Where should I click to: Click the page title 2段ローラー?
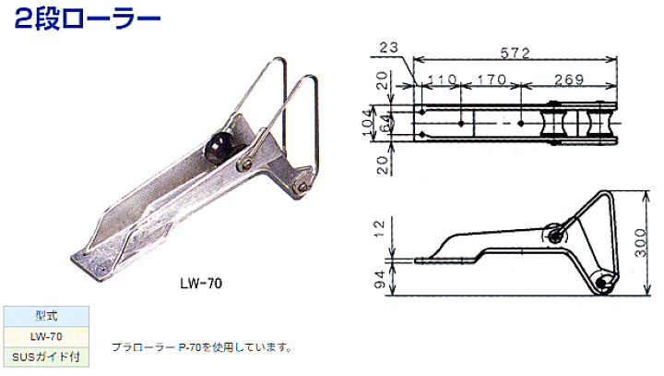click(x=88, y=19)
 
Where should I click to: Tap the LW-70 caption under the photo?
click(x=201, y=283)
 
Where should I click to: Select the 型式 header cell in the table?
click(x=46, y=316)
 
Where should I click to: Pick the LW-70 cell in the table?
click(x=46, y=337)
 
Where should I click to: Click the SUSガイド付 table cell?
click(x=46, y=357)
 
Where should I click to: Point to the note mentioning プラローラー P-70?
click(x=202, y=347)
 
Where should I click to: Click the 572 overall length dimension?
click(x=515, y=53)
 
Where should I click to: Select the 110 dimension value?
click(x=442, y=79)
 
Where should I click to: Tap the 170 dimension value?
click(x=492, y=79)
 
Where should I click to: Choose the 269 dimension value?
click(x=569, y=79)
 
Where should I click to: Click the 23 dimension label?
click(x=389, y=47)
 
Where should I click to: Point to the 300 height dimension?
click(x=641, y=243)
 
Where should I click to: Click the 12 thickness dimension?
click(x=380, y=229)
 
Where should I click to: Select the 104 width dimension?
click(x=369, y=123)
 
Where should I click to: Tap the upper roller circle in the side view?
click(x=554, y=235)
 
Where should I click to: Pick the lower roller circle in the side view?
click(x=601, y=282)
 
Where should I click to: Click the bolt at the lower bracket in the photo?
click(x=301, y=186)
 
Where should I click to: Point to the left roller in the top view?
click(x=552, y=123)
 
